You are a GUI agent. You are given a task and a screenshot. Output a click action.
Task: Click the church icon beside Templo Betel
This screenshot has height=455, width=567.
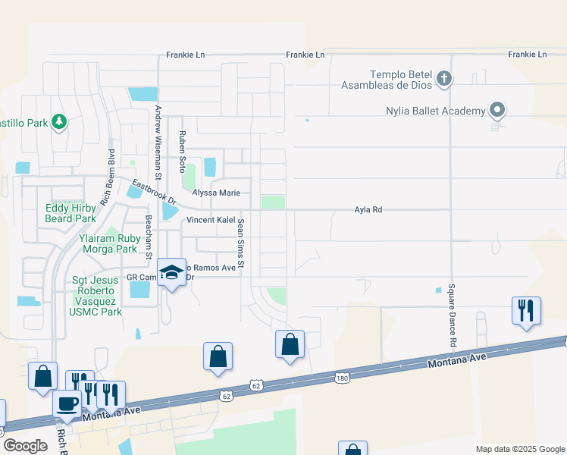444,77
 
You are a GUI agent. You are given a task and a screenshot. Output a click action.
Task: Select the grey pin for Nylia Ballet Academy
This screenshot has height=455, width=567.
497,111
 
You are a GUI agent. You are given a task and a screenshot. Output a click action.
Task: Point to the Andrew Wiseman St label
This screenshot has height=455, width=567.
158,132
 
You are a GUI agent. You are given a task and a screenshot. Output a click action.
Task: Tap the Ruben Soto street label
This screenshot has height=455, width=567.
182,151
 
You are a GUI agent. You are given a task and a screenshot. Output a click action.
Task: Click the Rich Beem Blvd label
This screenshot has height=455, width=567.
111,162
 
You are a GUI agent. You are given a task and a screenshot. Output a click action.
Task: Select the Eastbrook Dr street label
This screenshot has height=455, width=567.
154,193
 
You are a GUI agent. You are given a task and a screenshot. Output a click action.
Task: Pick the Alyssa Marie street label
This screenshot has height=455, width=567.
216,193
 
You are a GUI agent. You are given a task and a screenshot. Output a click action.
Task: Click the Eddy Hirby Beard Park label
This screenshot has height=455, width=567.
70,213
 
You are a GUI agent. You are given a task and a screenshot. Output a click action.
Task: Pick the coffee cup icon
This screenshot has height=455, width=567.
67,403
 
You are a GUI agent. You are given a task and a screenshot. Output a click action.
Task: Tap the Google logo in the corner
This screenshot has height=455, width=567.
25,446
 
